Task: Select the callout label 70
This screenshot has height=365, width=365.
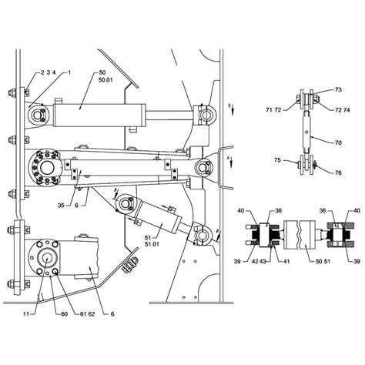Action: [x=338, y=142]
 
